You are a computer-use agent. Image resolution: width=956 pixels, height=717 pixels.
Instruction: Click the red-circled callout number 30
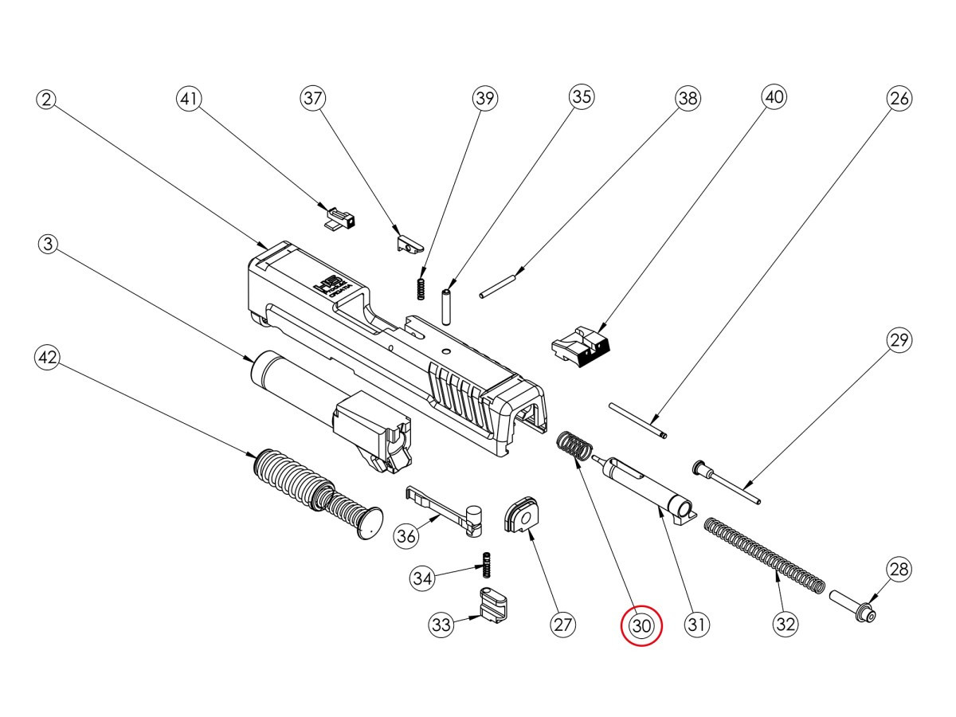pyautogui.click(x=642, y=625)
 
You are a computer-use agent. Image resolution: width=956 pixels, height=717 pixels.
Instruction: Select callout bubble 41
pyautogui.click(x=189, y=100)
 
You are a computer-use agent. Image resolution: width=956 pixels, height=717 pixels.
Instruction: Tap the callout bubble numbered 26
pyautogui.click(x=899, y=99)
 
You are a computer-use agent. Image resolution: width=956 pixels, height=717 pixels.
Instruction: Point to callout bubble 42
pyautogui.click(x=48, y=358)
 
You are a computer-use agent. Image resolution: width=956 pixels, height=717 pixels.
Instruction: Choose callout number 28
pyautogui.click(x=899, y=569)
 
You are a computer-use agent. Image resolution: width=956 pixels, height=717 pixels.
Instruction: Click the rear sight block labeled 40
pyautogui.click(x=581, y=345)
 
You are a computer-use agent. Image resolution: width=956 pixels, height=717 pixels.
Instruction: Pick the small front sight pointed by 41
pyautogui.click(x=340, y=217)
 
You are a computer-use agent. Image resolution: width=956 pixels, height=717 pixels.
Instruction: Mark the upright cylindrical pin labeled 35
pyautogui.click(x=447, y=304)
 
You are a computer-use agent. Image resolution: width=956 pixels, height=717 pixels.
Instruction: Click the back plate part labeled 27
pyautogui.click(x=522, y=513)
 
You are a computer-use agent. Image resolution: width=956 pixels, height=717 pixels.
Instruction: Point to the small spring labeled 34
pyautogui.click(x=483, y=566)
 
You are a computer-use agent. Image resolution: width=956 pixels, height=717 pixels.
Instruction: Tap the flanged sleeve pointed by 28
pyautogui.click(x=852, y=606)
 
